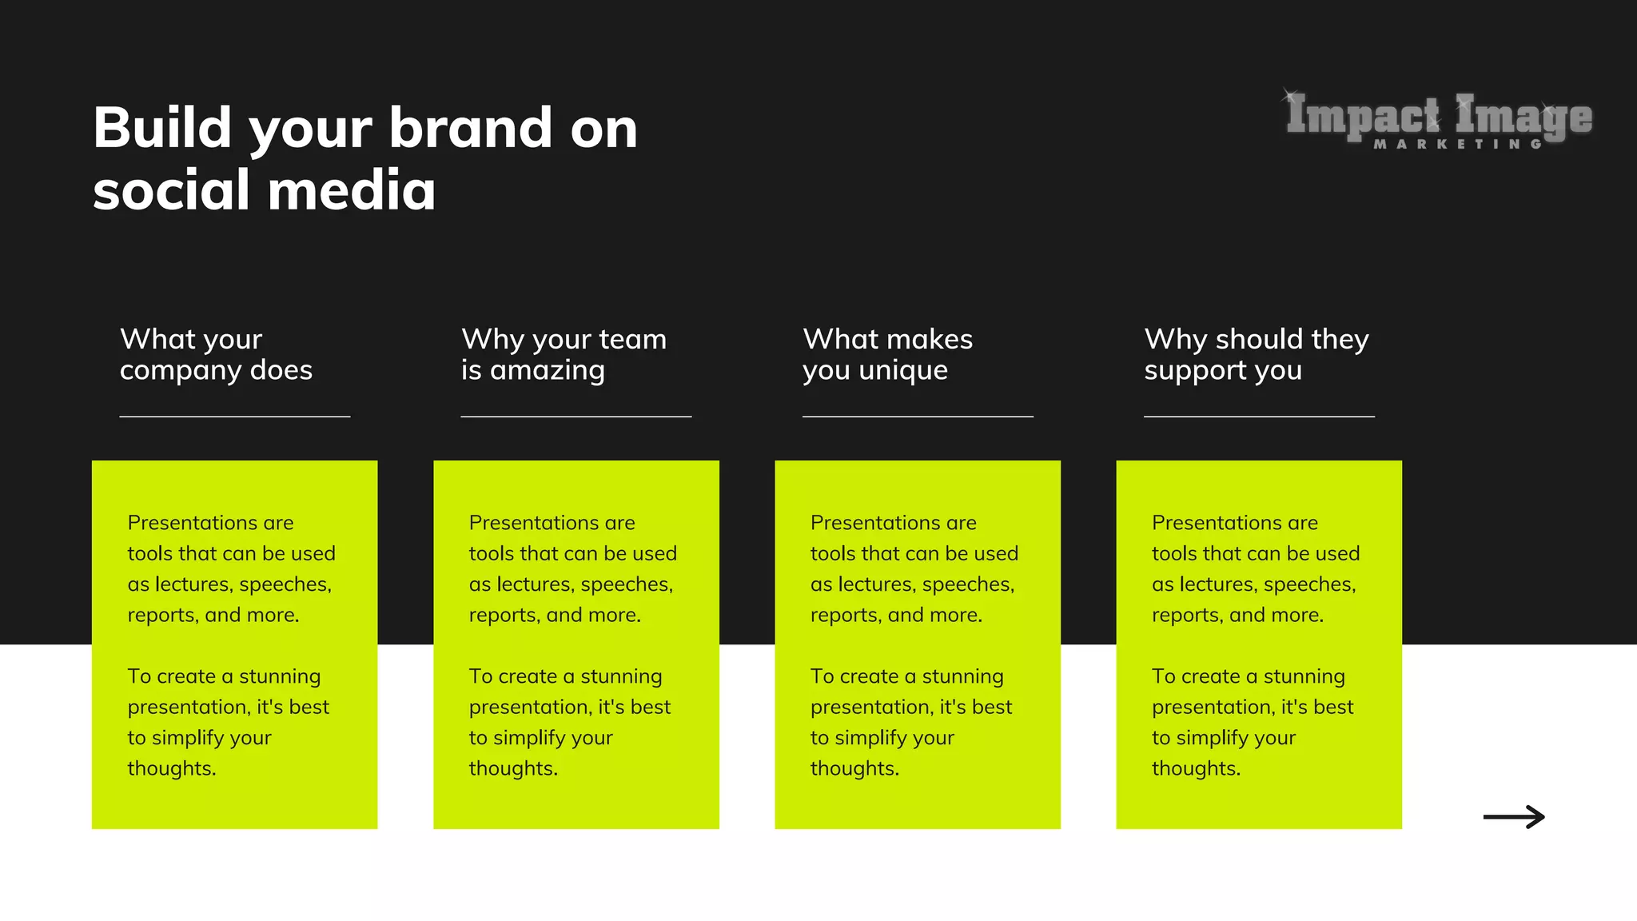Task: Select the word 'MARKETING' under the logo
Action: tap(1457, 145)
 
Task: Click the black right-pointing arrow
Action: tap(1514, 816)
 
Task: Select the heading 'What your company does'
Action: tap(216, 354)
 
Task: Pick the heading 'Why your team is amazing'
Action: tap(564, 354)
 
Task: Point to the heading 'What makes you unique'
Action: tap(887, 354)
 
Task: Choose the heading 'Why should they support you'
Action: tap(1256, 354)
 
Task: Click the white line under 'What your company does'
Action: tap(235, 417)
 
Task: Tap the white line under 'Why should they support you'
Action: tap(1259, 417)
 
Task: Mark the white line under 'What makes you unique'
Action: tap(918, 417)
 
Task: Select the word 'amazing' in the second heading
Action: tap(548, 371)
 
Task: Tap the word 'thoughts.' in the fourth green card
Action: tap(1196, 768)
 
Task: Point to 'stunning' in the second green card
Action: tap(621, 676)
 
